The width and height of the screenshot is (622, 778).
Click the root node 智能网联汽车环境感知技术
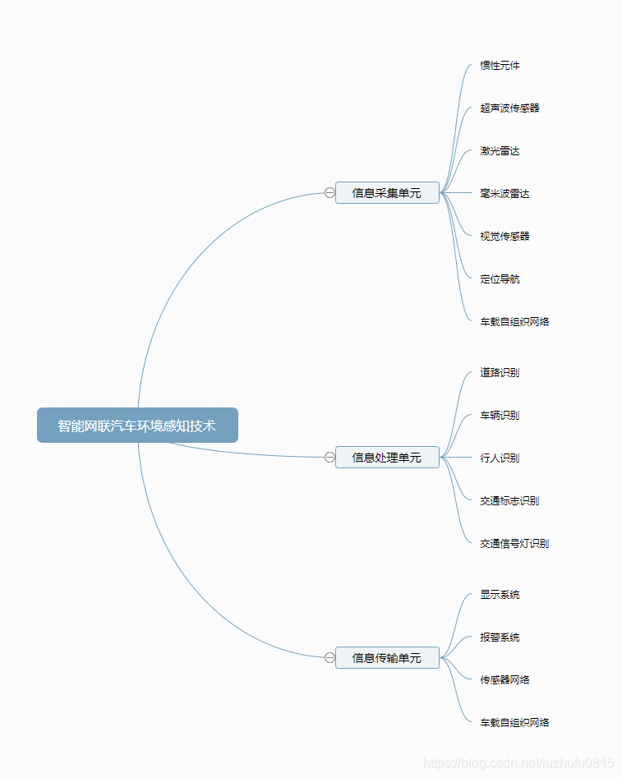(x=137, y=426)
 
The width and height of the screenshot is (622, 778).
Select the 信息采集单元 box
(x=387, y=193)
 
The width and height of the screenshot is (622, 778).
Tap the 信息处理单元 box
(x=387, y=458)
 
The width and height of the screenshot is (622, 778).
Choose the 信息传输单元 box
(x=387, y=658)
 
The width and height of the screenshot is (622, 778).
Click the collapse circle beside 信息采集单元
(x=329, y=193)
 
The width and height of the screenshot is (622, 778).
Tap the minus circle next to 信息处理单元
(x=329, y=458)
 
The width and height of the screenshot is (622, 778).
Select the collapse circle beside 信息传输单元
(x=329, y=658)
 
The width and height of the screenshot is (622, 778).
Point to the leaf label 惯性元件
(x=500, y=66)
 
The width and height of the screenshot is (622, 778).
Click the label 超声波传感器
(x=509, y=108)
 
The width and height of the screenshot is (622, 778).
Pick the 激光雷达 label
(x=500, y=151)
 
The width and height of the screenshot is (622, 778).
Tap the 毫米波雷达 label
(x=505, y=194)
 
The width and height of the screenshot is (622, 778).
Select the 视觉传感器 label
(x=505, y=237)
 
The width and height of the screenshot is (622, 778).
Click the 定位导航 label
(x=500, y=279)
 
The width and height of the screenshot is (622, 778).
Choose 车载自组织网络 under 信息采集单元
(x=514, y=322)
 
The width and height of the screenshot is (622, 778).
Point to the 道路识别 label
(x=500, y=373)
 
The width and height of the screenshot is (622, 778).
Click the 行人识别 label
(x=500, y=458)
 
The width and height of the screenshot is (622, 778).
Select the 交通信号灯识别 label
(x=514, y=544)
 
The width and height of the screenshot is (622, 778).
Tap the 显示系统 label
(x=500, y=595)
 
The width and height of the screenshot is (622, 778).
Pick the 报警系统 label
(x=500, y=638)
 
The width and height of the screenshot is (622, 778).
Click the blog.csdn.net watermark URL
(x=518, y=763)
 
